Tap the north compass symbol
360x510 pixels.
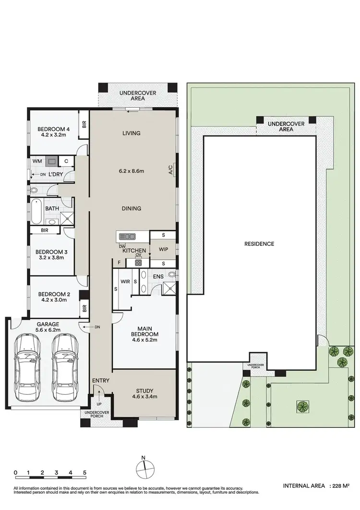pyautogui.click(x=144, y=466)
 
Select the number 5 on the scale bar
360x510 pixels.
pyautogui.click(x=84, y=473)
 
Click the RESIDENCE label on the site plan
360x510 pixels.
pyautogui.click(x=259, y=244)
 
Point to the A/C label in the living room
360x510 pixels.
pyautogui.click(x=170, y=169)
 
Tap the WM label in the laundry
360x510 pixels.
pyautogui.click(x=37, y=162)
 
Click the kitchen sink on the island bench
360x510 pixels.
pyautogui.click(x=128, y=236)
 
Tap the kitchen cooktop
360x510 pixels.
pyautogui.click(x=138, y=263)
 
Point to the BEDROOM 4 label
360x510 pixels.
pyautogui.click(x=54, y=129)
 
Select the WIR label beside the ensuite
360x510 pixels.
pyautogui.click(x=126, y=281)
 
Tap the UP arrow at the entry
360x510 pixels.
pyautogui.click(x=99, y=398)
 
